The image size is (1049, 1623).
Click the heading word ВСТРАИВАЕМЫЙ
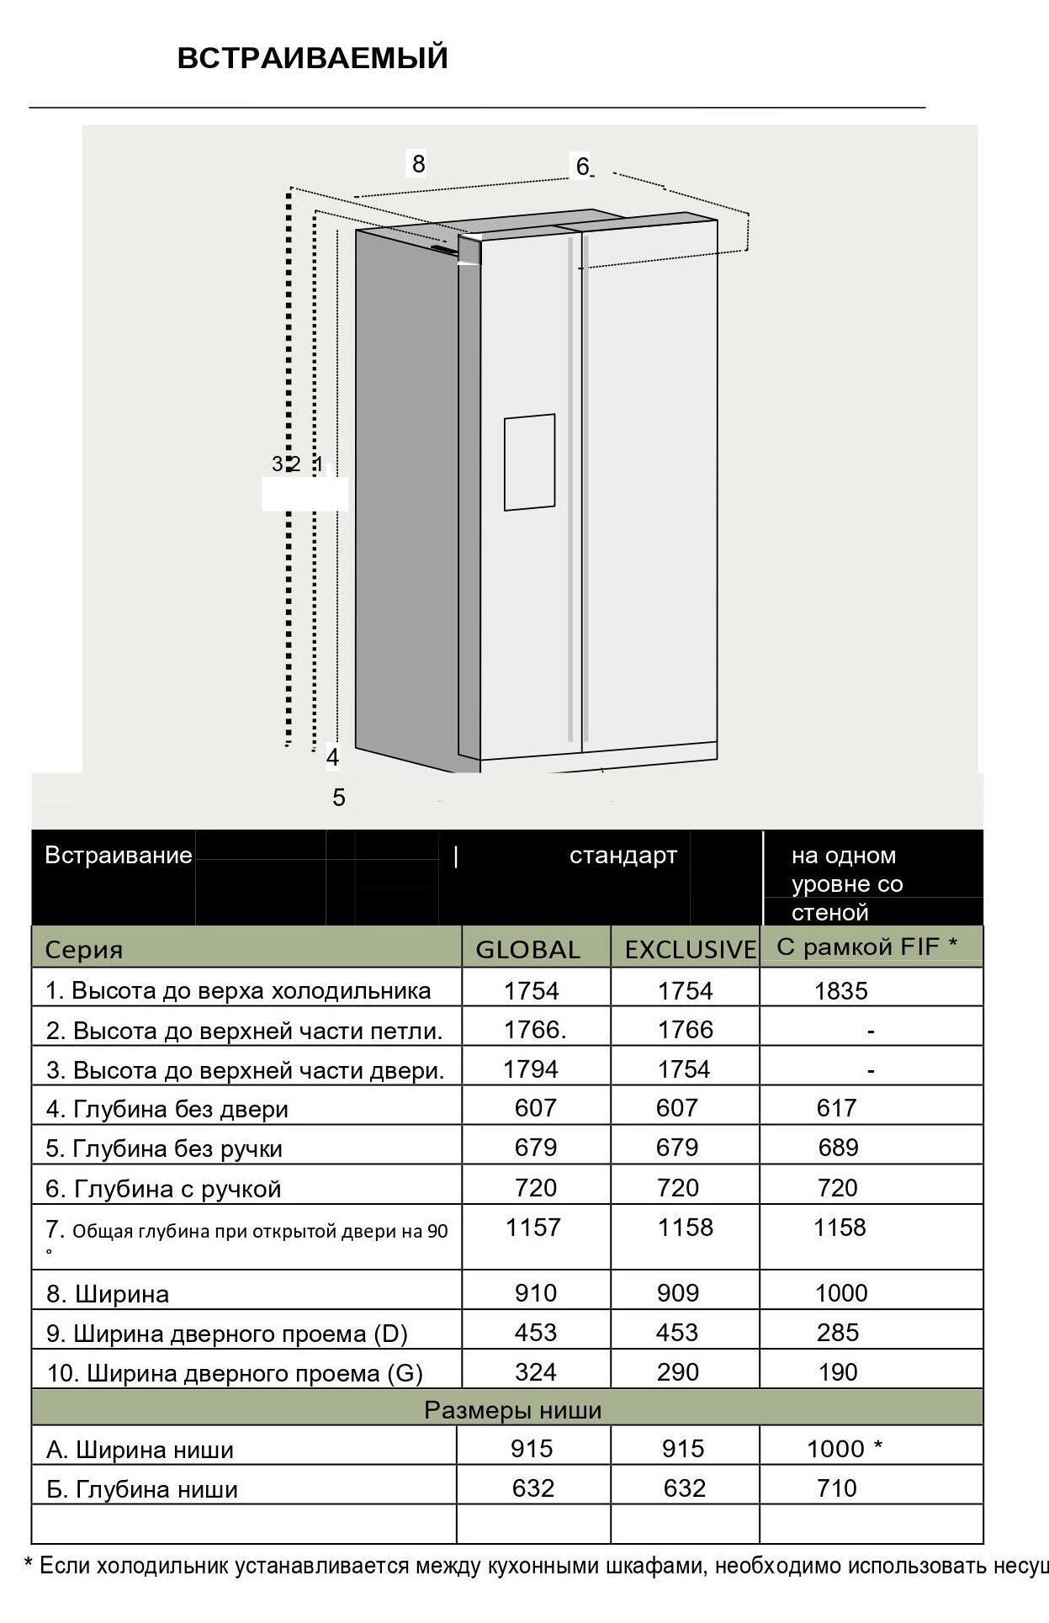[312, 58]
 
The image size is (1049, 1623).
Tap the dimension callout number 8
[418, 162]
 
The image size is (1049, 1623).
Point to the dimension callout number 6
[582, 167]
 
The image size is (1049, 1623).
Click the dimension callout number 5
[339, 797]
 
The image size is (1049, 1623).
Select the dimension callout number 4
[333, 757]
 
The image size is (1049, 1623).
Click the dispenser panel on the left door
[529, 462]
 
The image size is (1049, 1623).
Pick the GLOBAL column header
[527, 949]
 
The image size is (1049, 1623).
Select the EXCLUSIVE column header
[690, 949]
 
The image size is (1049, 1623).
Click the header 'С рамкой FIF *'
[866, 947]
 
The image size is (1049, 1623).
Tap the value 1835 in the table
[840, 990]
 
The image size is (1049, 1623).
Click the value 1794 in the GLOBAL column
[531, 1069]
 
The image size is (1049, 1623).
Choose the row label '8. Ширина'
[108, 1293]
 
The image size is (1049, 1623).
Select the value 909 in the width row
[677, 1292]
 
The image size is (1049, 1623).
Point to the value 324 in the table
[535, 1372]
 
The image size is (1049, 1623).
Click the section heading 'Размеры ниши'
[512, 1410]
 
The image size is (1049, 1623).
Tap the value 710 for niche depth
[836, 1488]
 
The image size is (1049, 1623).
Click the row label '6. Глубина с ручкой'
[163, 1189]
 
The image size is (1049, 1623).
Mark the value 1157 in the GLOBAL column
[532, 1228]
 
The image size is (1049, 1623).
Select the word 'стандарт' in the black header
[623, 856]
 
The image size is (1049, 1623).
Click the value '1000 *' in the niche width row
[844, 1448]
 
